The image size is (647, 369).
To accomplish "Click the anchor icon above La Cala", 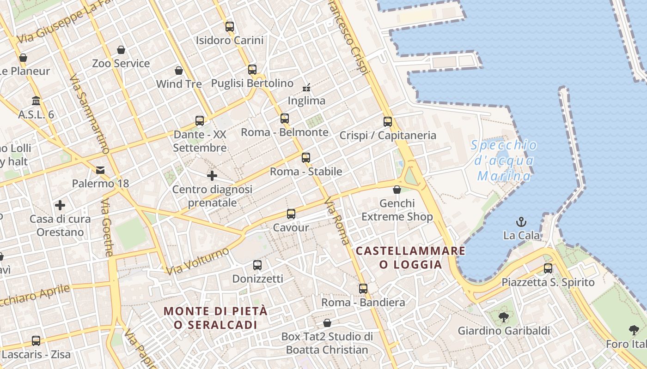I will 521,222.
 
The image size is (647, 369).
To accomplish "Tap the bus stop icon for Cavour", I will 291,214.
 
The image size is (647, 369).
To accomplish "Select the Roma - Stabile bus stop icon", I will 305,158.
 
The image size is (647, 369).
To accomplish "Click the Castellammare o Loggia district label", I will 410,257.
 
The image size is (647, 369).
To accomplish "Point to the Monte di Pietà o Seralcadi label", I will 215,317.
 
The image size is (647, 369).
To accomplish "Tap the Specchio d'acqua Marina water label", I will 504,161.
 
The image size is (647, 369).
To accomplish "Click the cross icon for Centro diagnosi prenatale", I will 212,176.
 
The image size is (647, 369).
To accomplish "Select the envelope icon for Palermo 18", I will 100,170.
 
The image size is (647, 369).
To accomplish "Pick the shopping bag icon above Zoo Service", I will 121,50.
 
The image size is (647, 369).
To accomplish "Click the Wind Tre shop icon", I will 179,71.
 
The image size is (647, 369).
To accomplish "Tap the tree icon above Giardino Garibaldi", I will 503,317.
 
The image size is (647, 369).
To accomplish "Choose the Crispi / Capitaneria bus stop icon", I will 387,122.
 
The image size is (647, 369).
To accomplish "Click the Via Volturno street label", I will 198,261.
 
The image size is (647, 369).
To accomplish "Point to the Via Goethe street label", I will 107,228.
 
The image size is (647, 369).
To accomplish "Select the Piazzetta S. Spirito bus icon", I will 548,268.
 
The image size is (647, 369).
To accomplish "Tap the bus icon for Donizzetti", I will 257,265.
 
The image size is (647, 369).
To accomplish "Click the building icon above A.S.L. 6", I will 36,101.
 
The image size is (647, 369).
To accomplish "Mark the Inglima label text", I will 306,101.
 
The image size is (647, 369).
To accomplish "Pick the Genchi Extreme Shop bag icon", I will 397,190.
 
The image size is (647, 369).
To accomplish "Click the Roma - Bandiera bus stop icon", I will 363,289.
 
